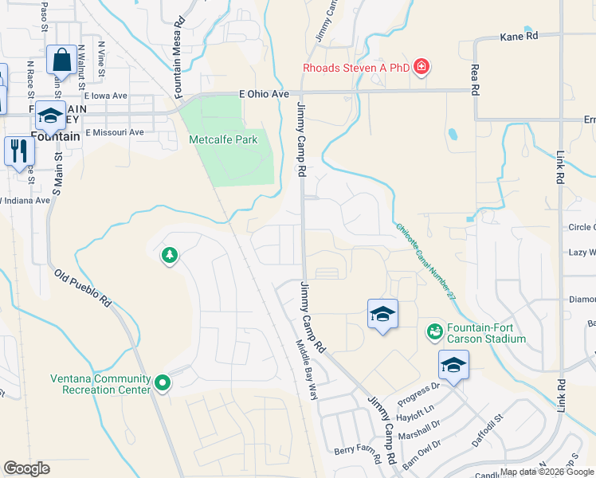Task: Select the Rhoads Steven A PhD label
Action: click(355, 68)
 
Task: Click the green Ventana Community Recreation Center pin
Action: click(163, 384)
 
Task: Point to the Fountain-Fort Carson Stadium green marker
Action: click(435, 331)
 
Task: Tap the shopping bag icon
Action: click(62, 60)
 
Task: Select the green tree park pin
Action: click(169, 256)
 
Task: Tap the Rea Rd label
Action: click(475, 80)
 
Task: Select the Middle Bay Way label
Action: click(307, 362)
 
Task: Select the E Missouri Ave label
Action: click(115, 132)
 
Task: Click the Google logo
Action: click(26, 468)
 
